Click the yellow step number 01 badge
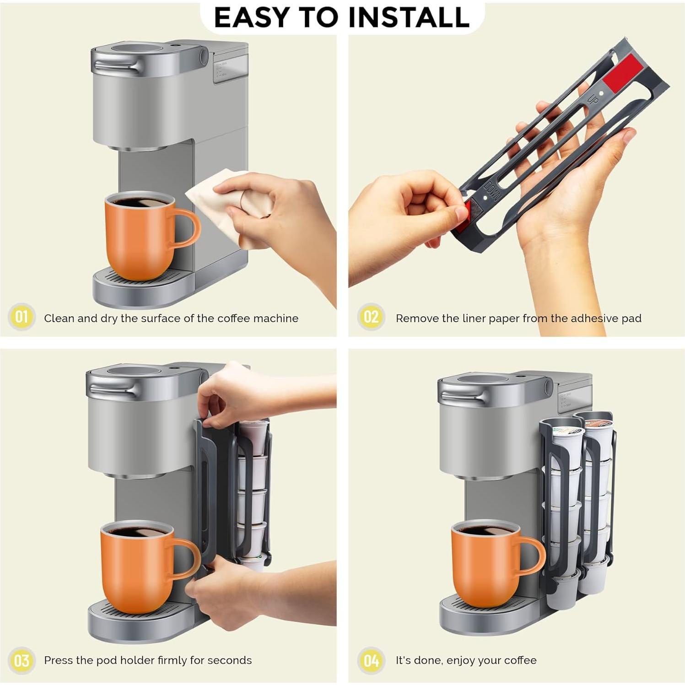22,317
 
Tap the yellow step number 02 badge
371,317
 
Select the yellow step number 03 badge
22,661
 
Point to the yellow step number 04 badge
371,661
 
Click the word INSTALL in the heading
409,17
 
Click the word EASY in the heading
251,17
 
